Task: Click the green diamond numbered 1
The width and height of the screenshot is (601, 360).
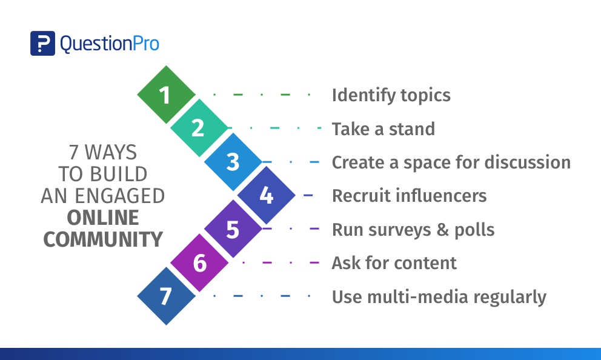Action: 165,95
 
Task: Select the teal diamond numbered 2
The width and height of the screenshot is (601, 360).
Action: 199,128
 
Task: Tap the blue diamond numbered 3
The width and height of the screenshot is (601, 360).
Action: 233,162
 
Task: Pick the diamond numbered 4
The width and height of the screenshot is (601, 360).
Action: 266,196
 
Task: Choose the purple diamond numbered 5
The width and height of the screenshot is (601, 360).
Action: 233,230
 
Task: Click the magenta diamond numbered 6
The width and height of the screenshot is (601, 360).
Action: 199,264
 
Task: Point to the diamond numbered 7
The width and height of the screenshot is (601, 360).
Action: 165,296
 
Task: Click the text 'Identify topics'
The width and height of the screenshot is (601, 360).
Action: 391,95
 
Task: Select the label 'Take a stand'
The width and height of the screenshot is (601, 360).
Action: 383,129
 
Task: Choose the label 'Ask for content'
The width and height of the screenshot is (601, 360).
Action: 394,263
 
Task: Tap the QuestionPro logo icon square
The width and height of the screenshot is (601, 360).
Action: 42,44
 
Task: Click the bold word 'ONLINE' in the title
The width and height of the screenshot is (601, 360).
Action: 103,218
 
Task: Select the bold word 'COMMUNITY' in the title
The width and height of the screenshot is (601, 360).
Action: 103,239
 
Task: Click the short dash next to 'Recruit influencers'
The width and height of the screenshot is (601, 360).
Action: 308,196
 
